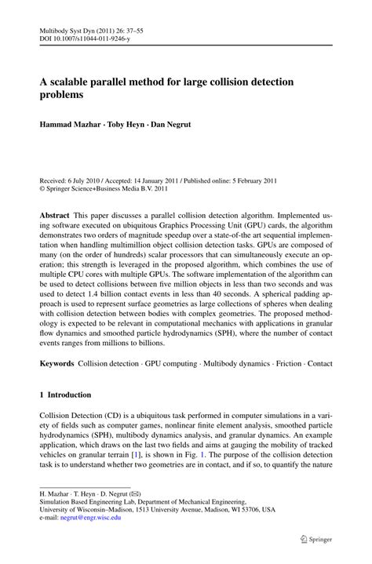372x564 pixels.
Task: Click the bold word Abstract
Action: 54,214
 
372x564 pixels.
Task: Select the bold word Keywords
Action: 57,365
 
